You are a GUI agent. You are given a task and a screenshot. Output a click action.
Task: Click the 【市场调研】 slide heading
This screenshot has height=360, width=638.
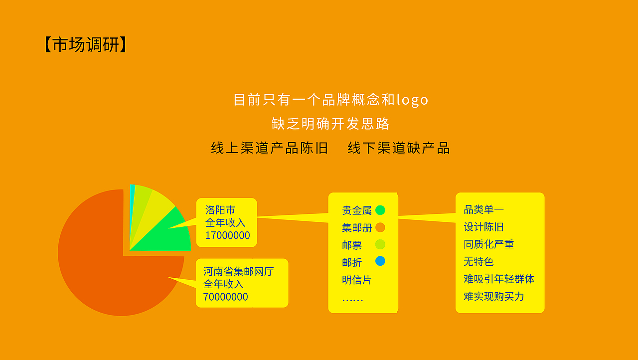(x=85, y=45)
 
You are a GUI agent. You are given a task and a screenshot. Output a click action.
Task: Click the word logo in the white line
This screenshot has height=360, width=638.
(x=412, y=100)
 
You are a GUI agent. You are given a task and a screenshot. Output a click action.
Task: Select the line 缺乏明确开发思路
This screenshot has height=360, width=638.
(x=330, y=124)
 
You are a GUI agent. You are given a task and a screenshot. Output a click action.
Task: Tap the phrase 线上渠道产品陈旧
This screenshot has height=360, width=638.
(x=270, y=148)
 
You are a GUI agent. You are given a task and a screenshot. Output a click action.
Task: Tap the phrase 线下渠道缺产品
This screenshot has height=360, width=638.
(x=399, y=148)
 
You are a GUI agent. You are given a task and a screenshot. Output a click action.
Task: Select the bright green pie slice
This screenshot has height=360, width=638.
(x=169, y=234)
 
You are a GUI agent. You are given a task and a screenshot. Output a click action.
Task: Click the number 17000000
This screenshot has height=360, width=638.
(x=227, y=235)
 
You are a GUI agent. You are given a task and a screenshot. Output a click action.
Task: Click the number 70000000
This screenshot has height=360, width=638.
(x=225, y=297)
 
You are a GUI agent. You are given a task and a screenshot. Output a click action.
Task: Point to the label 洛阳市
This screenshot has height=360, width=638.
(x=220, y=210)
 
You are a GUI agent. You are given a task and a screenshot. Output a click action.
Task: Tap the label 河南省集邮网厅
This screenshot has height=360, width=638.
(x=238, y=272)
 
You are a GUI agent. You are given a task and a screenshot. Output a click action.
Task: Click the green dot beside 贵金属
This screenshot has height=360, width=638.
(x=380, y=210)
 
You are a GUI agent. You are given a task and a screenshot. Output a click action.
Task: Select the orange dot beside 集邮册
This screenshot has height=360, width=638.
(x=380, y=227)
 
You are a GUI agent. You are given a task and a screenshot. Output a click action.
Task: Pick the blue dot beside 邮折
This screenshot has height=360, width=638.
(x=380, y=261)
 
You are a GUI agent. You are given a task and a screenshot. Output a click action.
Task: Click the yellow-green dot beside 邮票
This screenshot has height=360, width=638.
(x=380, y=244)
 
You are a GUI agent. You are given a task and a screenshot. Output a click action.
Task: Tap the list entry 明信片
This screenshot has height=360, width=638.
(x=356, y=280)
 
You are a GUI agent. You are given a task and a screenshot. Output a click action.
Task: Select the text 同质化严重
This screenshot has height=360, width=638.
(x=488, y=244)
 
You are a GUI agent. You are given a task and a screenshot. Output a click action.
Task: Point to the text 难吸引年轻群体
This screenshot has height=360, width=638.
(x=498, y=279)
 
